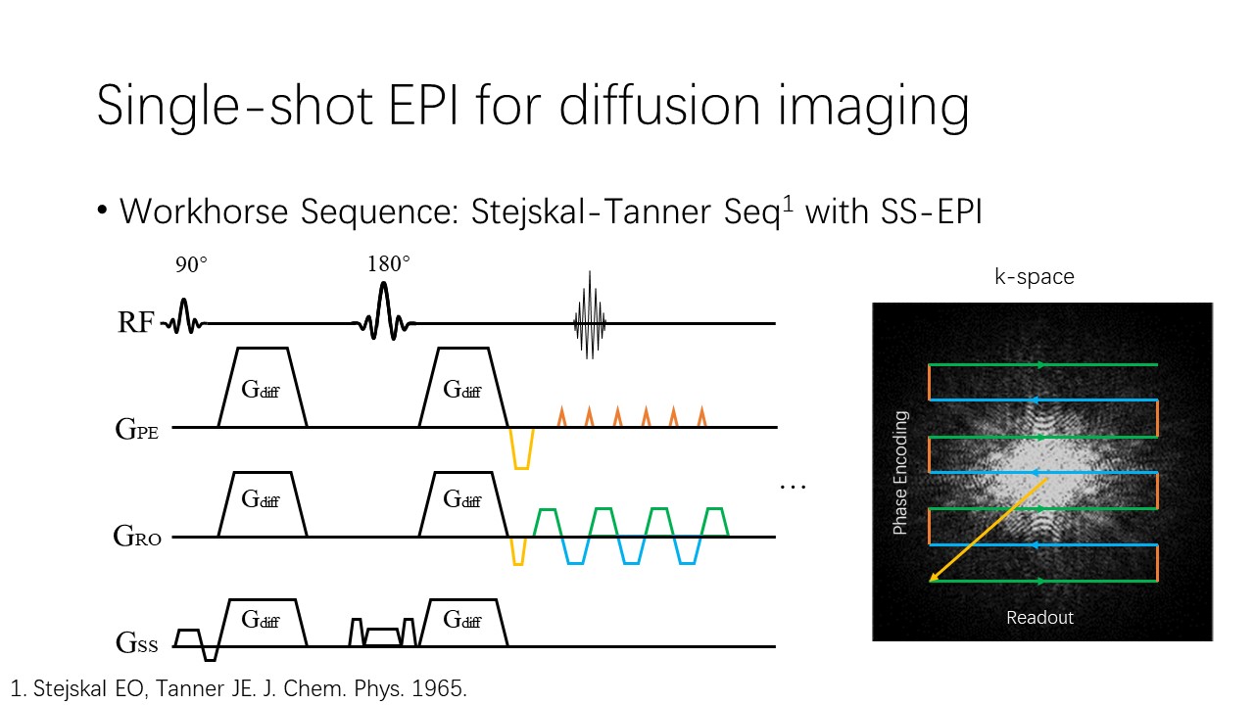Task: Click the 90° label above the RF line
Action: click(x=191, y=264)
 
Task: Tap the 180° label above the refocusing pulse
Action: click(x=389, y=263)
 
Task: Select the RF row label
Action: click(x=135, y=322)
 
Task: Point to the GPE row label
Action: click(x=136, y=430)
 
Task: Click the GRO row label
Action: click(x=137, y=536)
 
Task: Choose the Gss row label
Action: click(x=136, y=643)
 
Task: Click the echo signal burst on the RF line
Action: click(x=590, y=315)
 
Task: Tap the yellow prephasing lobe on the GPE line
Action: click(x=522, y=448)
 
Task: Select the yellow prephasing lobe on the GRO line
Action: click(x=518, y=551)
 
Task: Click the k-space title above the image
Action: click(x=1034, y=277)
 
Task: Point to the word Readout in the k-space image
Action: click(x=1039, y=617)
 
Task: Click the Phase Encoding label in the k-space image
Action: click(x=900, y=473)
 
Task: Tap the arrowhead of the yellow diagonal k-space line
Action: click(x=932, y=579)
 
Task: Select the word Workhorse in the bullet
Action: click(x=204, y=211)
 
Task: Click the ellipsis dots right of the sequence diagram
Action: click(x=793, y=487)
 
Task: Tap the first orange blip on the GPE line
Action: click(x=561, y=417)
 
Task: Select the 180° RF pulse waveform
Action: click(x=383, y=311)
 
